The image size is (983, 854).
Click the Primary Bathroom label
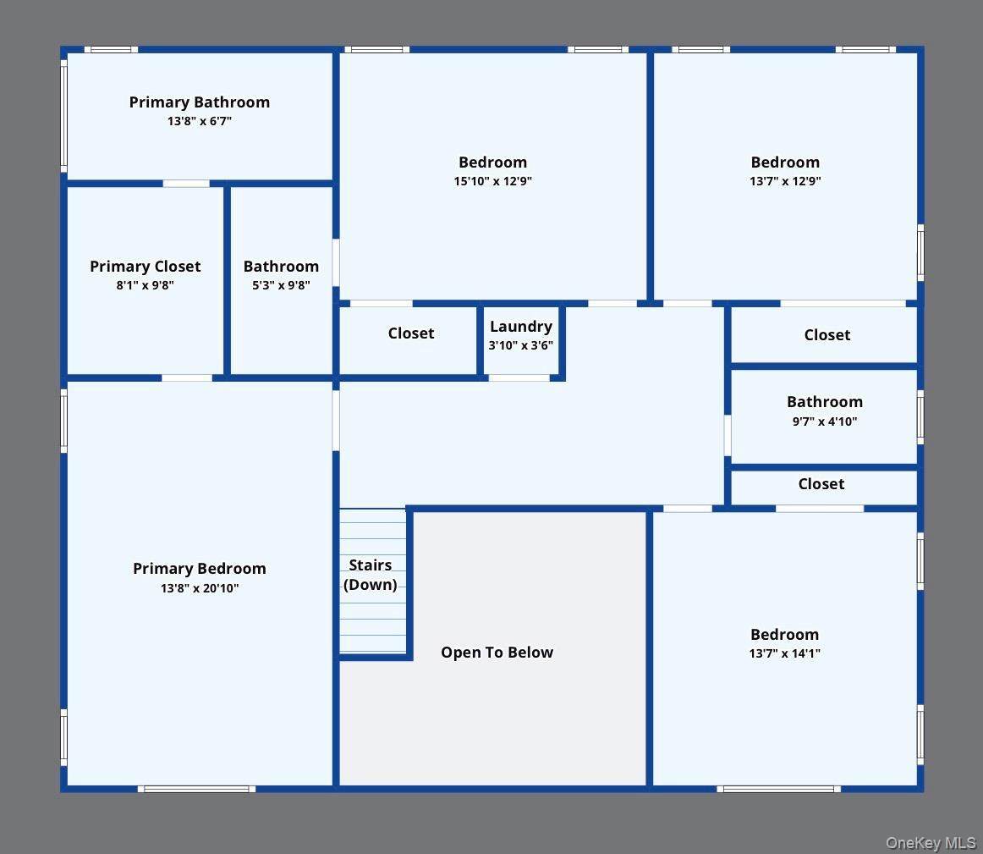(x=200, y=102)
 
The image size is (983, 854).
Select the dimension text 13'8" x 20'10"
(x=200, y=588)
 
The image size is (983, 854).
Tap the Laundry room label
(x=521, y=327)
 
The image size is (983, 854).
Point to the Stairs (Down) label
(x=371, y=575)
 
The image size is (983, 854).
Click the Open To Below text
(x=497, y=653)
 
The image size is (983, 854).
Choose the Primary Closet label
(x=146, y=267)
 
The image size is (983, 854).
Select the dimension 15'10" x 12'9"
(x=492, y=181)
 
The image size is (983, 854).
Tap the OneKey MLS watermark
(x=931, y=843)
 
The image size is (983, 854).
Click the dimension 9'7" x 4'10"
(x=825, y=421)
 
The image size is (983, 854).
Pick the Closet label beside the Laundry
(x=410, y=333)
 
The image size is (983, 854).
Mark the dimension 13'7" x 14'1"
(x=785, y=653)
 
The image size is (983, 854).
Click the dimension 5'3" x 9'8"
(x=281, y=285)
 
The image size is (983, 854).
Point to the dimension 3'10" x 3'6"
(x=521, y=345)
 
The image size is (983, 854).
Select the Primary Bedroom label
(x=200, y=569)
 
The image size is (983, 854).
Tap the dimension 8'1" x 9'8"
(x=145, y=285)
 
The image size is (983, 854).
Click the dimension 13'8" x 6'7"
(x=200, y=121)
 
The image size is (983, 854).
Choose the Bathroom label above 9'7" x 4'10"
(x=825, y=402)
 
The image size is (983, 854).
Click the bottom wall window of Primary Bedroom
(x=197, y=790)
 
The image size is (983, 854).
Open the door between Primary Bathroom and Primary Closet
(x=186, y=184)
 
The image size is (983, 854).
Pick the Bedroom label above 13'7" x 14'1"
(x=785, y=635)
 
